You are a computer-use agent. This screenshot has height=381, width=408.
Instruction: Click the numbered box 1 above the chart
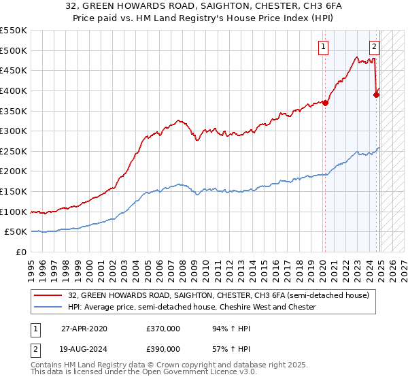(322, 47)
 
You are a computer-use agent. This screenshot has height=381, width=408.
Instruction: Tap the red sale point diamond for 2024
(376, 95)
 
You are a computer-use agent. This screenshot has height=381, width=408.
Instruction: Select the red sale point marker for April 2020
(325, 103)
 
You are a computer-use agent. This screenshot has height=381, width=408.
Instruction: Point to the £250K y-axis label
(14, 151)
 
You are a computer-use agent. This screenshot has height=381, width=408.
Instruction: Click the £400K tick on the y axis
(14, 90)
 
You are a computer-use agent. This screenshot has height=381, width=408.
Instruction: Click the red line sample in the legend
(48, 296)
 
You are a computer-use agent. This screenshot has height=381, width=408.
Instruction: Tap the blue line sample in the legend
(48, 308)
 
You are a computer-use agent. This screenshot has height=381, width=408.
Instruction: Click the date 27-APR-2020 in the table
(84, 329)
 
